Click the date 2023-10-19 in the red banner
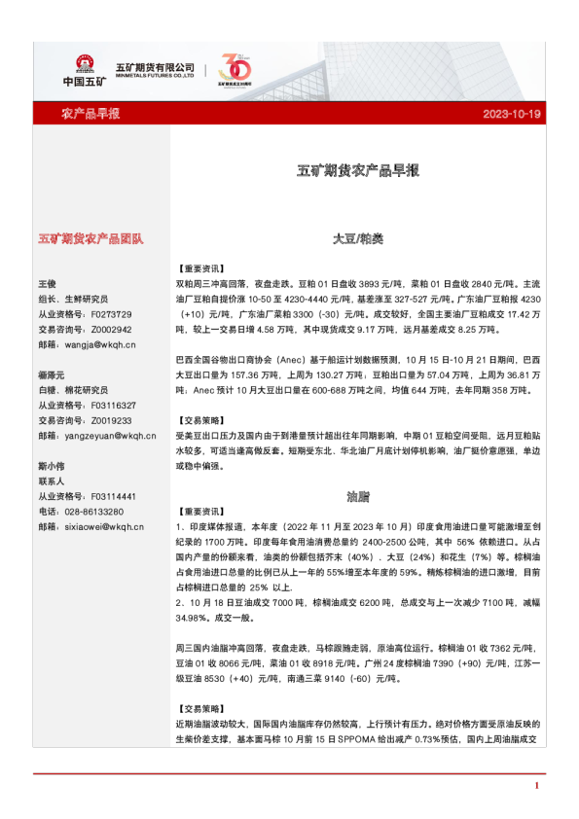pyautogui.click(x=511, y=114)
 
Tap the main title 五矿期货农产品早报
pyautogui.click(x=357, y=170)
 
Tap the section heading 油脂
pyautogui.click(x=358, y=496)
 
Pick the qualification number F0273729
pyautogui.click(x=110, y=314)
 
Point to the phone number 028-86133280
pyautogui.click(x=100, y=512)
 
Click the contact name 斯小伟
pyautogui.click(x=52, y=466)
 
